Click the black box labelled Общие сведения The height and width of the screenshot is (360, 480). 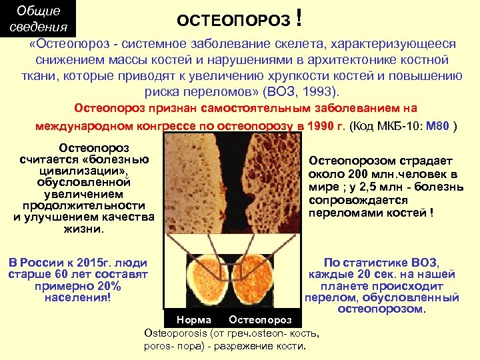pyautogui.click(x=38, y=19)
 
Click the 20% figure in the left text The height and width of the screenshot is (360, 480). pyautogui.click(x=107, y=286)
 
